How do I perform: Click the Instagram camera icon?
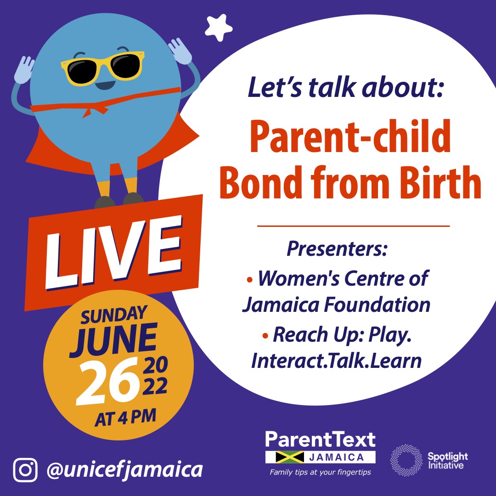point(25,469)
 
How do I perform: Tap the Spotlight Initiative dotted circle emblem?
point(406,460)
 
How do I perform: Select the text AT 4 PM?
point(125,418)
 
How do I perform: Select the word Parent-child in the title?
point(350,138)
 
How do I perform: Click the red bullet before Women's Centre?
point(250,279)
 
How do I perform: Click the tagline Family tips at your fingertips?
point(321,472)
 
